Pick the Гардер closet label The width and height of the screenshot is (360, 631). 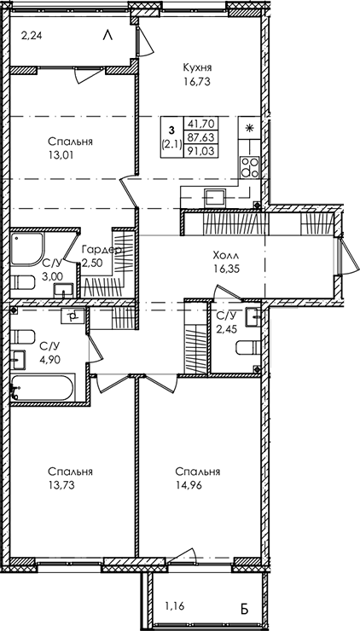tap(100, 250)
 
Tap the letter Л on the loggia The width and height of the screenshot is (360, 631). tap(107, 35)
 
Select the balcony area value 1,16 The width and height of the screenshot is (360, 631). tap(174, 608)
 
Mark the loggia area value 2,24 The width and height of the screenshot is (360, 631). tap(31, 35)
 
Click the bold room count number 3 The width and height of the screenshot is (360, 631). tap(171, 127)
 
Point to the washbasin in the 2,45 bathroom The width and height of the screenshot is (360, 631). tap(253, 318)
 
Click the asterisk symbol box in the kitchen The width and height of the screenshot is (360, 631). tap(249, 127)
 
